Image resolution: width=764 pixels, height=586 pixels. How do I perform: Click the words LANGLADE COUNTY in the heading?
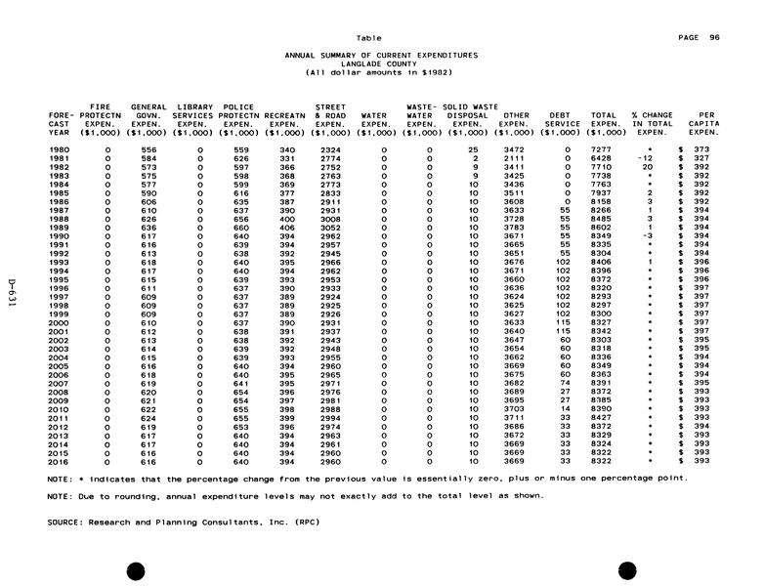380,63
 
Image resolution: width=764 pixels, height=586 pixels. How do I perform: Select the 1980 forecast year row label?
59,148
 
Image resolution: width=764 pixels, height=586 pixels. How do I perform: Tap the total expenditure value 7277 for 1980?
602,148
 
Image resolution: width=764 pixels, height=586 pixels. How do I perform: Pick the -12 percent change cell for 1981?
643,157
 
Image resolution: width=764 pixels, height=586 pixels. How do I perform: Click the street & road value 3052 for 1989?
329,227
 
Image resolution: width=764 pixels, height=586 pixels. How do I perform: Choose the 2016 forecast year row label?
59,460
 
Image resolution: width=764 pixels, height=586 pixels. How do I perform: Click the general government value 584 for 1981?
149,157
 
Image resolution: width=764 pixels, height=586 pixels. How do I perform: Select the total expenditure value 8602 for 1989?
602,227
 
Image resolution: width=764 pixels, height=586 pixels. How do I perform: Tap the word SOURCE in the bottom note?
65,522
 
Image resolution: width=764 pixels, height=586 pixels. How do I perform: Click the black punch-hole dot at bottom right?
627,571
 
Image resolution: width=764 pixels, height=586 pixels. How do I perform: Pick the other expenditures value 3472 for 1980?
514,148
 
